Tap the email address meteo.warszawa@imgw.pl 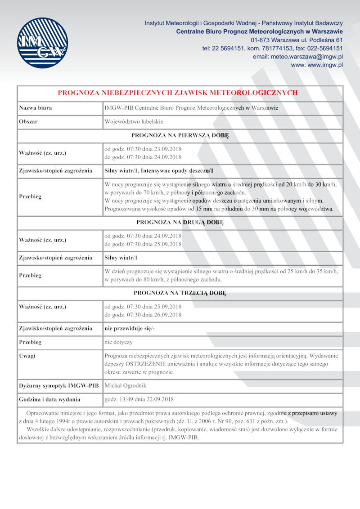coord(298,57)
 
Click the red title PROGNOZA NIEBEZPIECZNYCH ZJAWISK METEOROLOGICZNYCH coord(178,93)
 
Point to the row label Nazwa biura coord(35,108)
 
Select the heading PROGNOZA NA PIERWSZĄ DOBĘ coord(180,135)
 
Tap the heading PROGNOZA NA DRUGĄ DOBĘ coord(180,222)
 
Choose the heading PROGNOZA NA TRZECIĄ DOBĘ coord(180,293)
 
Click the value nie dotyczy coord(118,342)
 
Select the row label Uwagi coord(27,356)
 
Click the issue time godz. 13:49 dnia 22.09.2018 coord(139,399)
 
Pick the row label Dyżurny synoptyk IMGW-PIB coord(58,386)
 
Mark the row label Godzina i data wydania coord(49,399)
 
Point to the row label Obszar coord(28,122)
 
